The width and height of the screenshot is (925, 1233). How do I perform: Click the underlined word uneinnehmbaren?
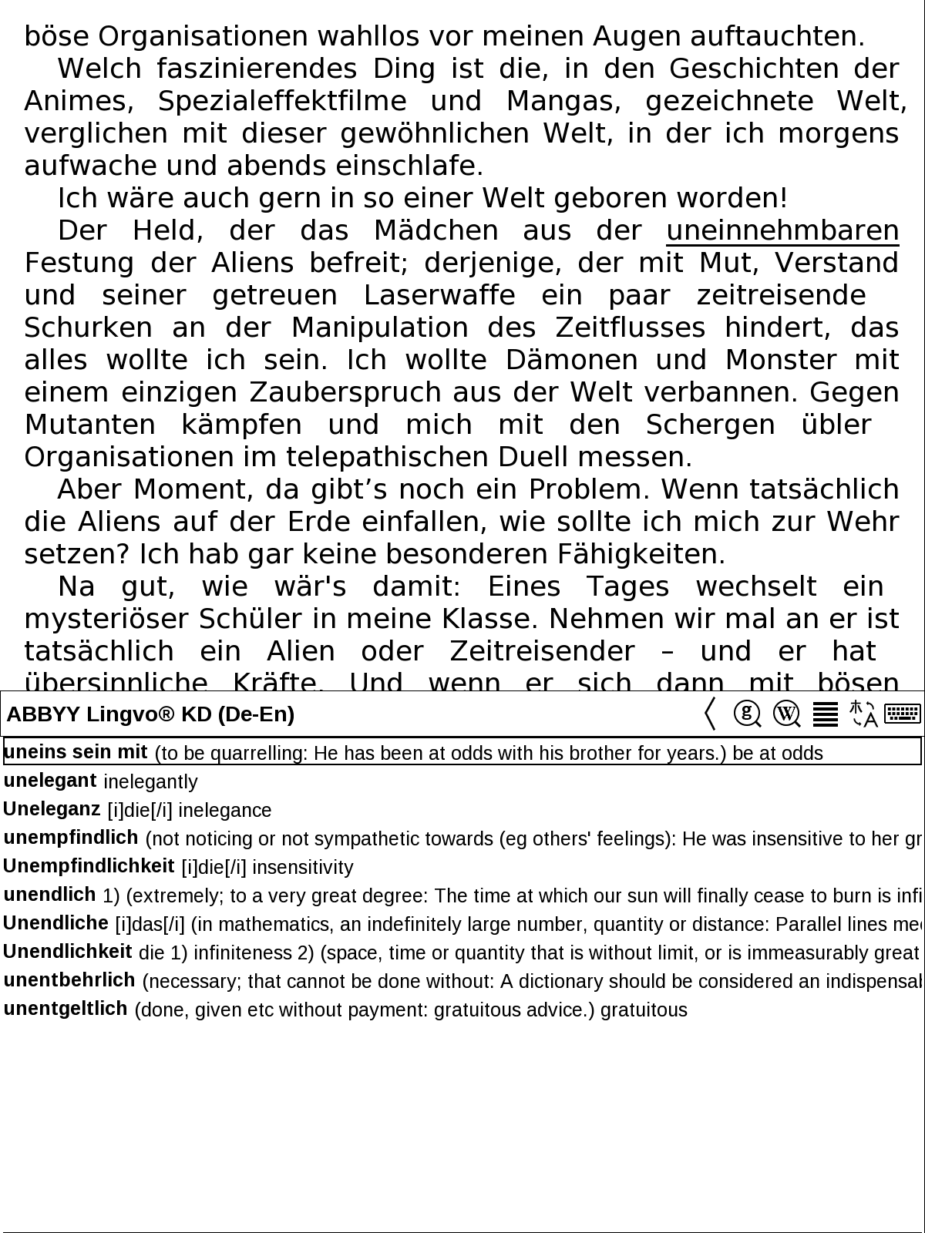tap(782, 231)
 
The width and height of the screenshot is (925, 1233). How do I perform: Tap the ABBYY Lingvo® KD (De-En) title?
tap(151, 714)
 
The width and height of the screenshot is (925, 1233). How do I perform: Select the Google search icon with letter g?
tap(747, 714)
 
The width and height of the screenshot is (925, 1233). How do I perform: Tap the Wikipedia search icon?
tap(786, 714)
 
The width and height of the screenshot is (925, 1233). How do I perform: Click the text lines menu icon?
tap(826, 714)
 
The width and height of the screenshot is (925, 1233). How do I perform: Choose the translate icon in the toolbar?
tap(863, 714)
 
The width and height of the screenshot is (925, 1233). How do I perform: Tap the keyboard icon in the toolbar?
tap(903, 714)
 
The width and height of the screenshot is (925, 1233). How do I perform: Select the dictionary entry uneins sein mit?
tap(76, 751)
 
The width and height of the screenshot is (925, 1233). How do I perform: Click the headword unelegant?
tap(50, 781)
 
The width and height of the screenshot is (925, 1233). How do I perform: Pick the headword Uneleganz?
tap(52, 809)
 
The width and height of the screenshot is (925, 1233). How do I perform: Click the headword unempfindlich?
tap(71, 838)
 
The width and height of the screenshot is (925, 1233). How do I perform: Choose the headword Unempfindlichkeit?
tap(89, 866)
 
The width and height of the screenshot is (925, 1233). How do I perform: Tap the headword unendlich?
tap(50, 895)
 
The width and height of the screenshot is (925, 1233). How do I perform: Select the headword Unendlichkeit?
tap(68, 952)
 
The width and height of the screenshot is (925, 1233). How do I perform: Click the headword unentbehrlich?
tap(69, 980)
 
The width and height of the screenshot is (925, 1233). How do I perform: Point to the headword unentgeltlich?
tap(66, 1009)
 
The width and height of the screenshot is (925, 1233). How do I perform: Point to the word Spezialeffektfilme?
tap(282, 102)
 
